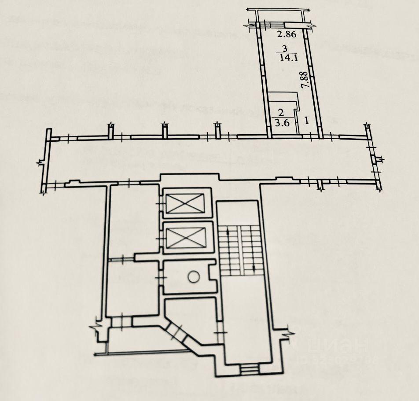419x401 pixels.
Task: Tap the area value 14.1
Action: tap(284, 57)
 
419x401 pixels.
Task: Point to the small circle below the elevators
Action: tap(194, 277)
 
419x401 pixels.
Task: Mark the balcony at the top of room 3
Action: tap(280, 15)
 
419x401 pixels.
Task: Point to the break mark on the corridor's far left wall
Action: tap(40, 163)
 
